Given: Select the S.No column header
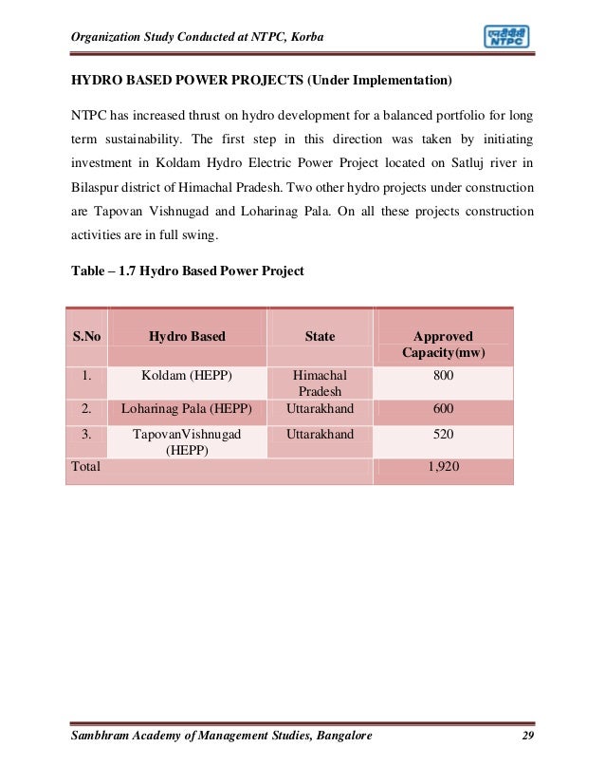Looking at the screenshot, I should coord(85,336).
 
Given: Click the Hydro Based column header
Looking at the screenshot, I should coord(187,336).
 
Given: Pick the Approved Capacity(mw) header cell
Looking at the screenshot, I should coord(443,345).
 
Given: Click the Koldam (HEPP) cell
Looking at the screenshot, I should coord(187,377).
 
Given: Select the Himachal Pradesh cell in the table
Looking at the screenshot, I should coord(320,384).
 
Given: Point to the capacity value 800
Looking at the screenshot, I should coord(443,377).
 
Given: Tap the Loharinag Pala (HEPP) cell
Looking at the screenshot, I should coord(187,409).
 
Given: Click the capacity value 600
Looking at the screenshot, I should coord(443,409).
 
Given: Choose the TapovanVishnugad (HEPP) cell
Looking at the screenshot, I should coord(187,442).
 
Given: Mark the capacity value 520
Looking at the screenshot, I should coord(443,435).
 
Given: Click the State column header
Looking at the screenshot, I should coord(320,336).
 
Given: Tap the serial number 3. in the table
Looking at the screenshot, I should coord(85,435).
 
